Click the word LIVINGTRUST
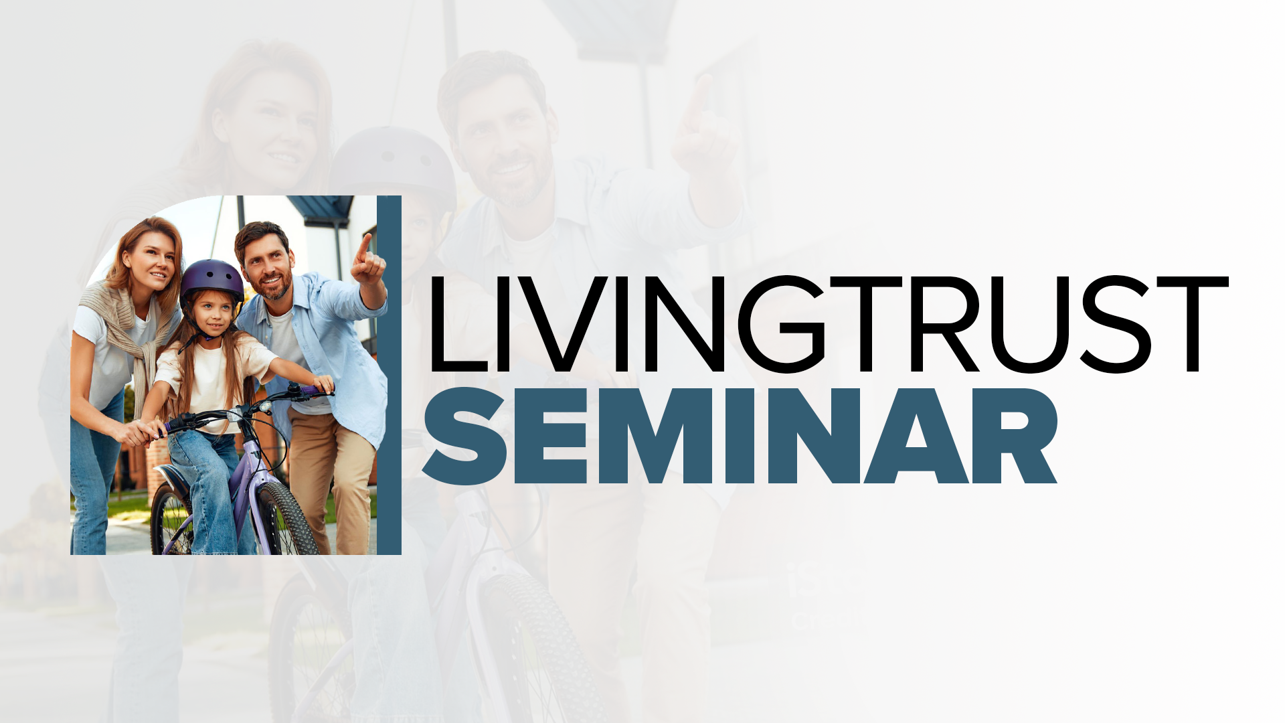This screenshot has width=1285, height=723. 829,325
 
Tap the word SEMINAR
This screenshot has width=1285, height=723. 740,436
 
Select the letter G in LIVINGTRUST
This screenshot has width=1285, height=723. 781,325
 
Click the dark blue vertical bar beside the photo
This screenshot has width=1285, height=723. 389,375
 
